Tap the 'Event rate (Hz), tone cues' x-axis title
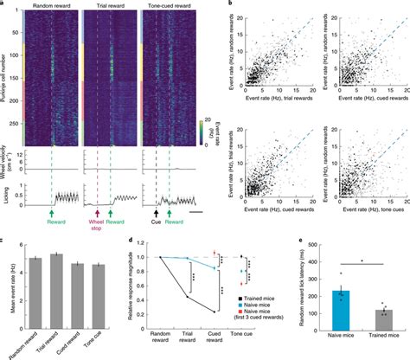pos(361,224)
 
